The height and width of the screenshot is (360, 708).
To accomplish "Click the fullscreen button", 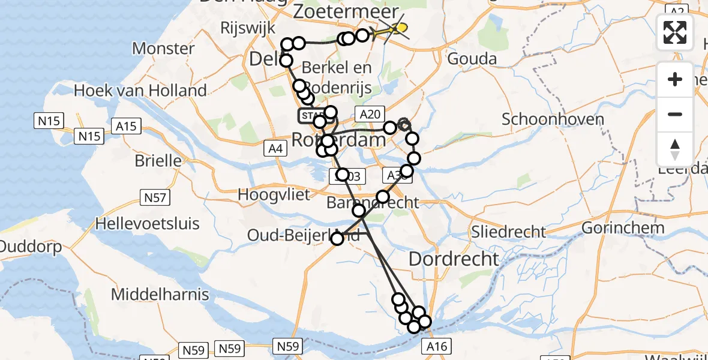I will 675,32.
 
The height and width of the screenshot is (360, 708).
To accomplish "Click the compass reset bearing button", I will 675,149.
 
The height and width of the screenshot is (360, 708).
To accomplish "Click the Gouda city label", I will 473,59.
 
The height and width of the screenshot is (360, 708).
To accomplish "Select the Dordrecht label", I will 454,259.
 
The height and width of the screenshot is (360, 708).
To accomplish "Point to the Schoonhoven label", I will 553,119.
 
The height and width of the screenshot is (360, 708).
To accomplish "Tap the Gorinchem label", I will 623,228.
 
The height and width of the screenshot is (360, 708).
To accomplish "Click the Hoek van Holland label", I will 140,91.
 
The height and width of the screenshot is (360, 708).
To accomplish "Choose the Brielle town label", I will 158,161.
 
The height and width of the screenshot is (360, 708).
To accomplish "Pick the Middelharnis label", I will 160,295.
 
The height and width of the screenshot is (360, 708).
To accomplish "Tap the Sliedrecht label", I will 509,232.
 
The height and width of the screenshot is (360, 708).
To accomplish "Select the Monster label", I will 163,48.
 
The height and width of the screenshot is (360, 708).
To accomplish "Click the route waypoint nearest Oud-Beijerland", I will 337,239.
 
